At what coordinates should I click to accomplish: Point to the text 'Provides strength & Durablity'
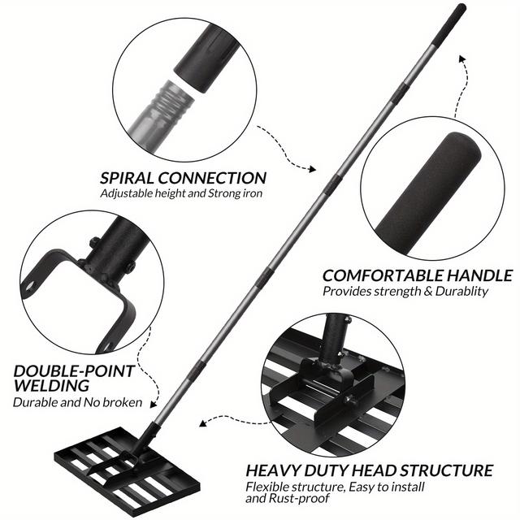(405, 291)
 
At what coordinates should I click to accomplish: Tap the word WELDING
(50, 386)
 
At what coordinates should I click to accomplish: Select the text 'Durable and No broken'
(77, 402)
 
